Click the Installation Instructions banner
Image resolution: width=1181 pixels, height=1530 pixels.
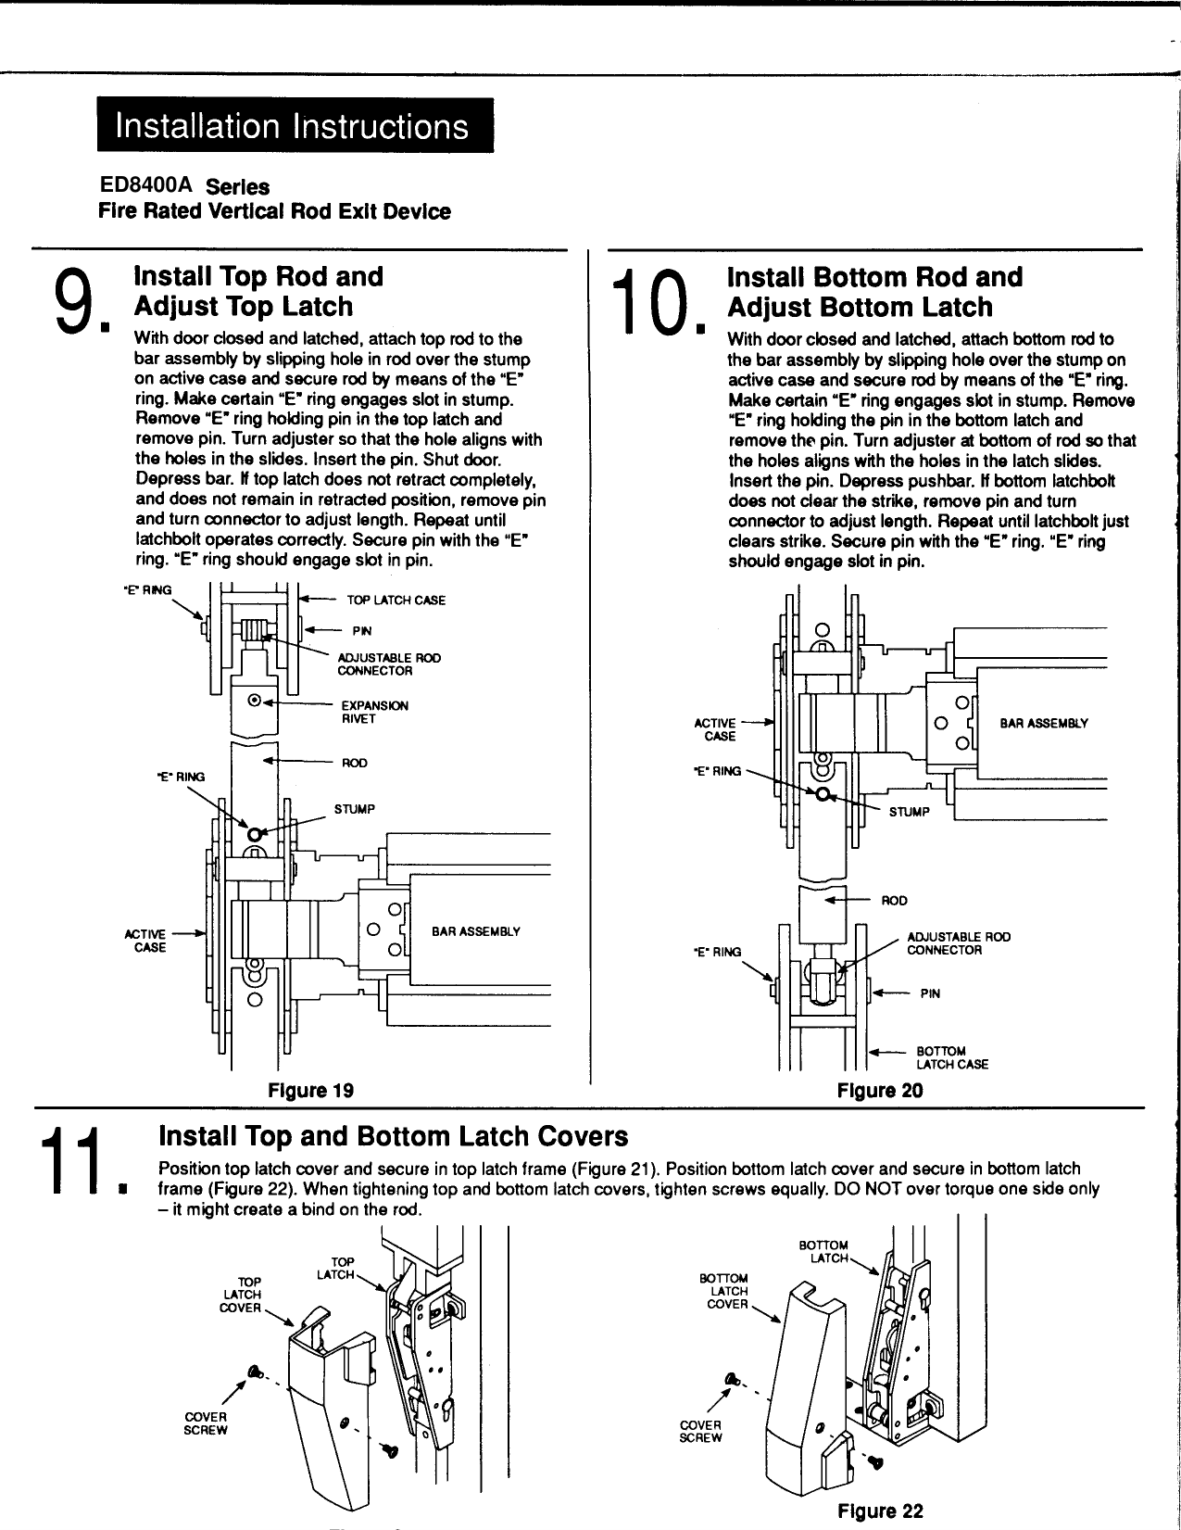pyautogui.click(x=294, y=125)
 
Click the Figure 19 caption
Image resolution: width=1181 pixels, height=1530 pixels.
pyautogui.click(x=310, y=1090)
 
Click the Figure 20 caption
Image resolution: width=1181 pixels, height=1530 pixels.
pyautogui.click(x=879, y=1091)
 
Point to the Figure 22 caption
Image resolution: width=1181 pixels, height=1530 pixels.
pyautogui.click(x=879, y=1511)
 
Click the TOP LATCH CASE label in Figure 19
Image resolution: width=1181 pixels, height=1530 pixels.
pyautogui.click(x=396, y=601)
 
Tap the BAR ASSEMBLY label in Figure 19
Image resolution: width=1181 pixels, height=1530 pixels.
pyautogui.click(x=476, y=931)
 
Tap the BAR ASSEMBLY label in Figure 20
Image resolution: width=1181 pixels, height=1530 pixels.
pyautogui.click(x=1043, y=724)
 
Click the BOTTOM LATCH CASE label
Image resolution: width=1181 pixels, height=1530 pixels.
pyautogui.click(x=951, y=1057)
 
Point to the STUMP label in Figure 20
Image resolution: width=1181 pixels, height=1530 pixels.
pyautogui.click(x=909, y=812)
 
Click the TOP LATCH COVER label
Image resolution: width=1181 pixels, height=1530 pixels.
pyautogui.click(x=242, y=1294)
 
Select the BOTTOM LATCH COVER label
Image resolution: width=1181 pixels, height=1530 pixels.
pyautogui.click(x=728, y=1291)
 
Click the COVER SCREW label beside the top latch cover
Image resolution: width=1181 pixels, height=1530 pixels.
pyautogui.click(x=206, y=1423)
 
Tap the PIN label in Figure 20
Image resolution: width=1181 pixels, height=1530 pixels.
pyautogui.click(x=929, y=993)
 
